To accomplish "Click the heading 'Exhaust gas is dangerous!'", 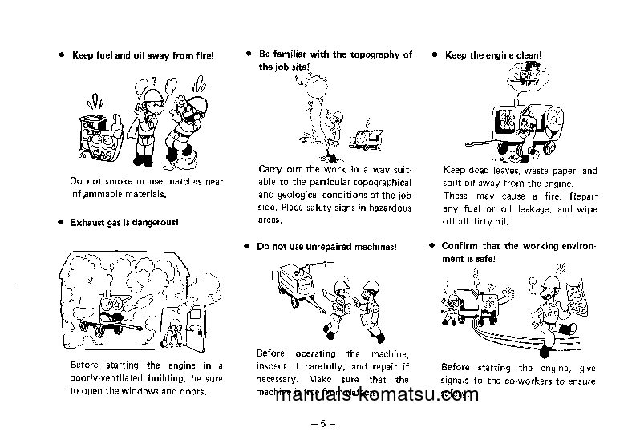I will click(x=124, y=222).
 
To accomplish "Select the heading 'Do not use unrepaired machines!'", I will click(x=326, y=247).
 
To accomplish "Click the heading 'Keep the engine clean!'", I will click(x=493, y=56).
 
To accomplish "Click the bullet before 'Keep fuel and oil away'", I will click(x=61, y=56).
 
